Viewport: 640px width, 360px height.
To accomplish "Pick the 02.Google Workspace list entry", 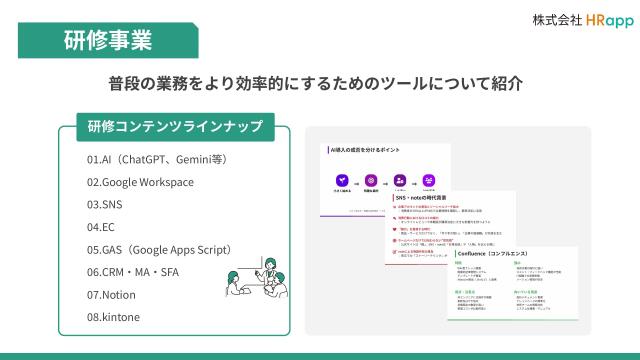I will pos(140,182).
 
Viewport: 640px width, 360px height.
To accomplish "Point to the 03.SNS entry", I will pos(104,204).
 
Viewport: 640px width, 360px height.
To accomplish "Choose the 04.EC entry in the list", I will pos(101,227).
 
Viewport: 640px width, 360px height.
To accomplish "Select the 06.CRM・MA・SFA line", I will pos(133,272).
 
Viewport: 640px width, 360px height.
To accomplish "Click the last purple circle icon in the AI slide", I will pos(428,177).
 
